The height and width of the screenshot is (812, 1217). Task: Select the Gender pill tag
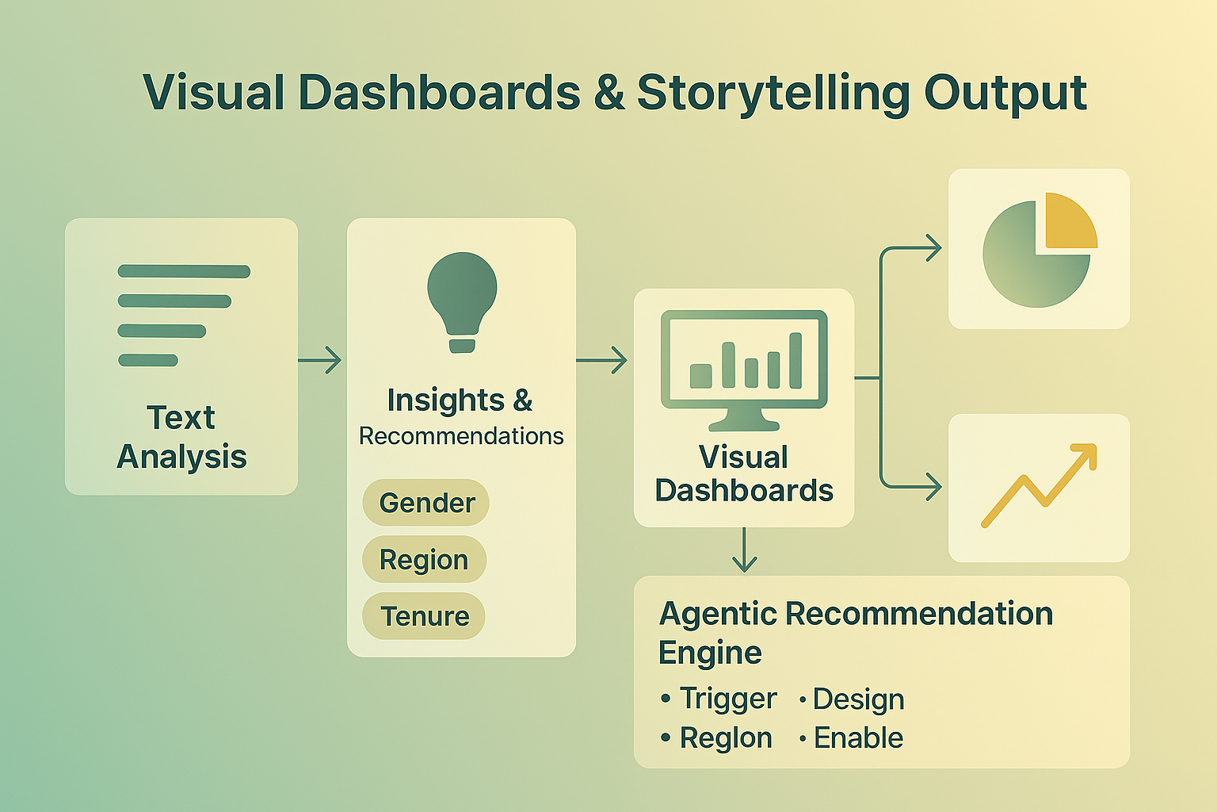click(x=426, y=503)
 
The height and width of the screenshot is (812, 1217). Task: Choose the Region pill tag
click(x=424, y=560)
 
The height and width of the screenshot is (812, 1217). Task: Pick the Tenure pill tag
click(x=424, y=616)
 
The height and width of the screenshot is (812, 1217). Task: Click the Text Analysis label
click(x=181, y=437)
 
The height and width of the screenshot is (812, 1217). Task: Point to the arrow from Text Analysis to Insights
click(x=321, y=361)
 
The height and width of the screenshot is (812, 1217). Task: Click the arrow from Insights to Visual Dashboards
click(x=602, y=361)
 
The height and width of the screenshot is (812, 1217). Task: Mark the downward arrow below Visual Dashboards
click(x=744, y=550)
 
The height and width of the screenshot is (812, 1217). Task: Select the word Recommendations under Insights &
click(x=461, y=436)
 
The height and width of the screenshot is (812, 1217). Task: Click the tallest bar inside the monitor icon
click(x=795, y=360)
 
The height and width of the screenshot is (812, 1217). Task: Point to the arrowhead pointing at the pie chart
click(x=933, y=247)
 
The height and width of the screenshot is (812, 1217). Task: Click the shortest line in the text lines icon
click(x=148, y=361)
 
